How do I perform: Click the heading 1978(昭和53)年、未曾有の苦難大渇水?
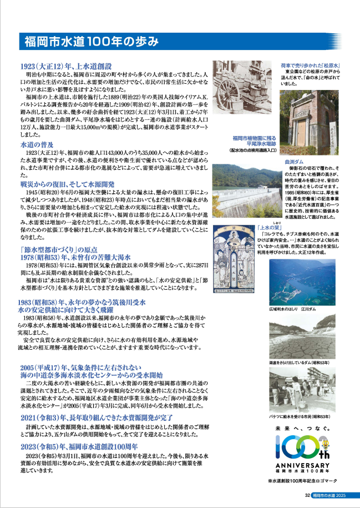(x=74, y=257)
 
